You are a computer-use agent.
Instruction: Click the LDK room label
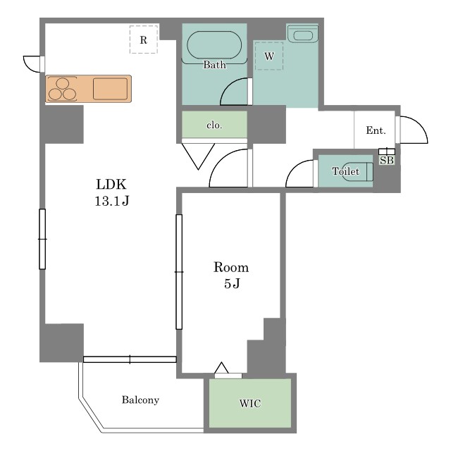coord(111,185)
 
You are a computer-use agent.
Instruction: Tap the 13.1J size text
coord(112,201)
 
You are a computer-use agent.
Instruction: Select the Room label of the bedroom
coord(231,267)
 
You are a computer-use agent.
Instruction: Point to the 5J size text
coord(232,283)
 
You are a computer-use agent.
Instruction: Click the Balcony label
coord(140,400)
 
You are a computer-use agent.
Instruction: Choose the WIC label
coord(250,404)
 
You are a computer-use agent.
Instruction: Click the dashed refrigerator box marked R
coord(144,39)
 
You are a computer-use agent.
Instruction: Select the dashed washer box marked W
coord(269,56)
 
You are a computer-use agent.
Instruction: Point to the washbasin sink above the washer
coord(302,35)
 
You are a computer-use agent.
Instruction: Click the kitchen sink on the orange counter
coord(110,89)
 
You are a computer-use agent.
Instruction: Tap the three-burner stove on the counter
coord(62,89)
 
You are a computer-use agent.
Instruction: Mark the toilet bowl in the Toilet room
coord(357,172)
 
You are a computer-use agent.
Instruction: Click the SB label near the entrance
coord(387,160)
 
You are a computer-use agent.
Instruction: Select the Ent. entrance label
coord(376,130)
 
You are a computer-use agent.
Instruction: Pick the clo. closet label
coord(214,125)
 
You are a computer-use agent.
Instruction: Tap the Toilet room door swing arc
coord(294,167)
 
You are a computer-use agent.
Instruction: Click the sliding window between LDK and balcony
coord(130,359)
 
